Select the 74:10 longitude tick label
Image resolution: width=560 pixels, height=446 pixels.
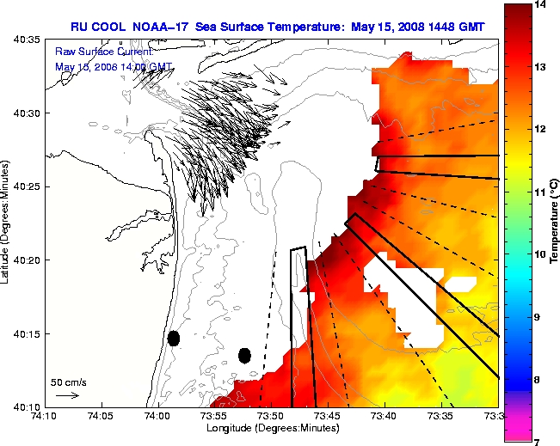click(x=46, y=415)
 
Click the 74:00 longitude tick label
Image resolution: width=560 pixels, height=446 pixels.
click(x=157, y=415)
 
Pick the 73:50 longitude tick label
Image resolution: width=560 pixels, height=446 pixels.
click(x=270, y=415)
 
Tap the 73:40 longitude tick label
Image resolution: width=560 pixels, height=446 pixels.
click(x=383, y=415)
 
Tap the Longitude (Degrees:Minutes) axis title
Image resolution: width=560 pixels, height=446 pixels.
click(x=270, y=427)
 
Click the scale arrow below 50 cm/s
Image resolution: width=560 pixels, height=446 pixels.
click(x=67, y=395)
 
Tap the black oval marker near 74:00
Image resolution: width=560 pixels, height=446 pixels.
click(x=174, y=338)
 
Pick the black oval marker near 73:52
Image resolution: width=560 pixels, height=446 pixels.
click(x=244, y=355)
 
